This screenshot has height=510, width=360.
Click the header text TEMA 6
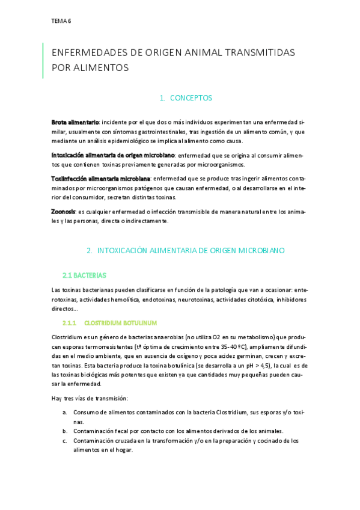tap(61, 21)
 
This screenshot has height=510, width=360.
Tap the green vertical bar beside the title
tap(43, 60)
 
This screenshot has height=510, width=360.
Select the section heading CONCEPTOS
tap(191, 98)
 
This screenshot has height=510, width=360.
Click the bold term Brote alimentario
tap(75, 122)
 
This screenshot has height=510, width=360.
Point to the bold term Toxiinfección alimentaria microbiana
tap(101, 179)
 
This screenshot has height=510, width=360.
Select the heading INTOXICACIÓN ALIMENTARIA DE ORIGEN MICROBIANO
tap(191, 250)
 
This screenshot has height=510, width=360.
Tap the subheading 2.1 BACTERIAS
tap(84, 275)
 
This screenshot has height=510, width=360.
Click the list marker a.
tap(65, 413)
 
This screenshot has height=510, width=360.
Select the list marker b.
tap(65, 431)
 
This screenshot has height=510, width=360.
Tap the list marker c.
tap(65, 441)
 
